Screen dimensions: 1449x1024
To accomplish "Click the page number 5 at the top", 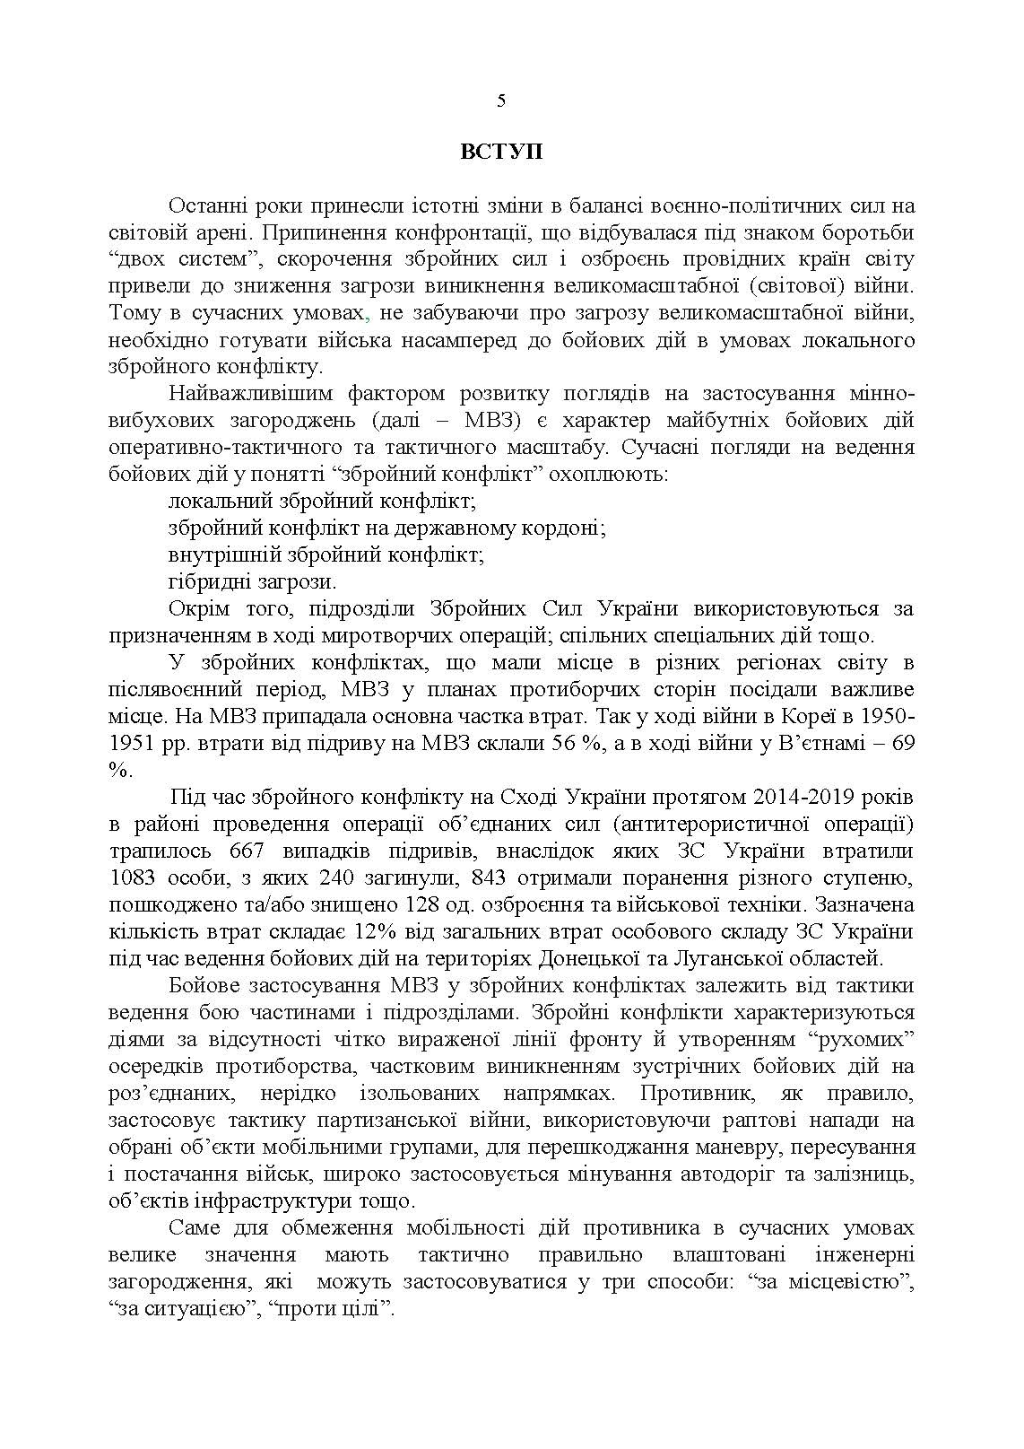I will pos(501,100).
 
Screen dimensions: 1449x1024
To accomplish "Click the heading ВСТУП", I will pos(501,152).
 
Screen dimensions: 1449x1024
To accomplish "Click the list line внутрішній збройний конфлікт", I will pos(325,554).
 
